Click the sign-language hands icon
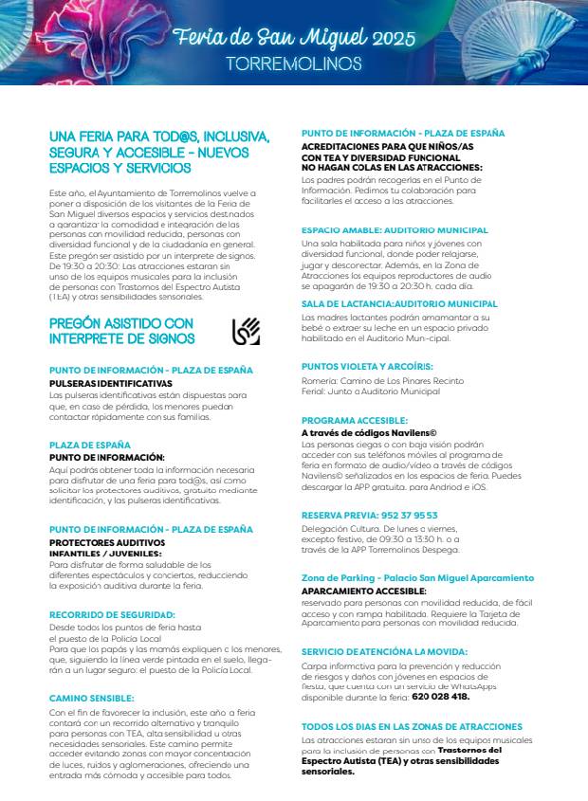pos(246,331)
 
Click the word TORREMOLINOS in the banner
pos(294,64)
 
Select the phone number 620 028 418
pos(440,696)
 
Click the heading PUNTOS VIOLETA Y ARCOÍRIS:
pos(367,366)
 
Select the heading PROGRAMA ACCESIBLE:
pos(354,420)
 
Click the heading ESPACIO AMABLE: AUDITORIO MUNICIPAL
pos(395,230)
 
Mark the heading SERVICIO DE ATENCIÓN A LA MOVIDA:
pos(384,652)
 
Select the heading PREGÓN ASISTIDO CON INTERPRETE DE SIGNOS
pos(121,331)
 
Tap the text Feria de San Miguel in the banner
pos(266,38)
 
